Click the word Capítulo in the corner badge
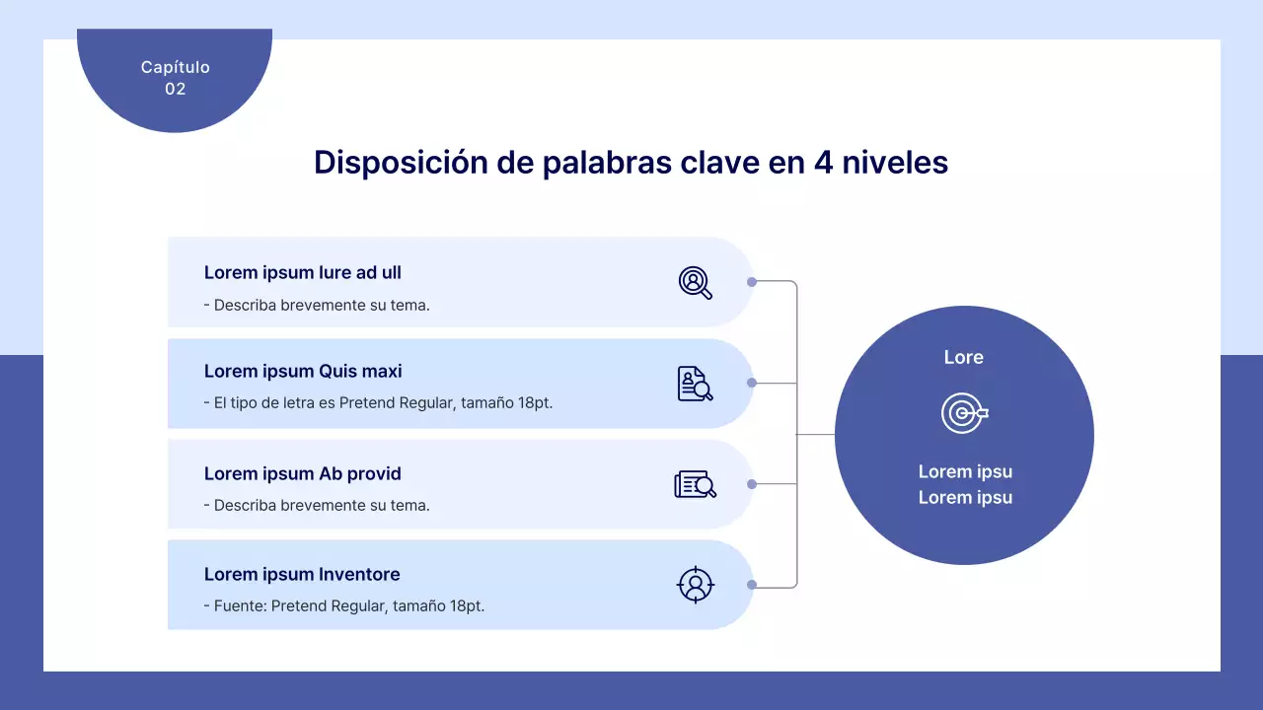tap(175, 67)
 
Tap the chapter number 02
tap(175, 89)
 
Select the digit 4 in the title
tap(823, 163)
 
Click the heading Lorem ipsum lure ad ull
tap(302, 273)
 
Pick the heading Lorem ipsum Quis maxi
tap(303, 372)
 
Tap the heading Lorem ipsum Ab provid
tap(302, 473)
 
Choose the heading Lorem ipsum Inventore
tap(302, 574)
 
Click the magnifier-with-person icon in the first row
tap(695, 283)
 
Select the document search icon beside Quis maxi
tap(695, 384)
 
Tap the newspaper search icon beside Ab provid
tap(695, 484)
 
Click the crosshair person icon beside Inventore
tap(695, 585)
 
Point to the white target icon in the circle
tap(964, 413)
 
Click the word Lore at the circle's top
tap(963, 357)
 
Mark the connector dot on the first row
tap(752, 282)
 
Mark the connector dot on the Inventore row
tap(752, 585)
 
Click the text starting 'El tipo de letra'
tap(383, 403)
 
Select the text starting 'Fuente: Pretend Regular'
tap(348, 606)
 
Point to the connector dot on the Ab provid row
tap(752, 484)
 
